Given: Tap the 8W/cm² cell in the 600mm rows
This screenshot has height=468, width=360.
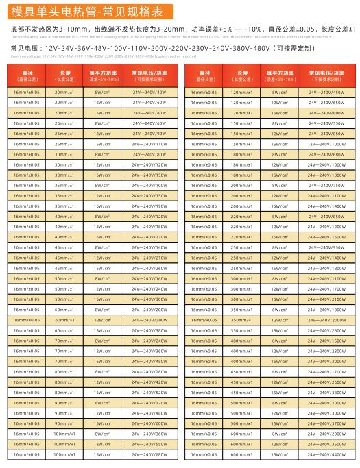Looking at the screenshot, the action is [x=279, y=434].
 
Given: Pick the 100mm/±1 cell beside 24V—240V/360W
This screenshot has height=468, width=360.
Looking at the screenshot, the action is [x=65, y=434].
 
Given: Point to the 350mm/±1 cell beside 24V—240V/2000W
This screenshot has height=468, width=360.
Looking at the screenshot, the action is [x=242, y=320].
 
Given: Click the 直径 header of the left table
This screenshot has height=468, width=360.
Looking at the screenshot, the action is [x=28, y=74].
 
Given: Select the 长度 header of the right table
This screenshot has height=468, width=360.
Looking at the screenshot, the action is [x=242, y=74].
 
